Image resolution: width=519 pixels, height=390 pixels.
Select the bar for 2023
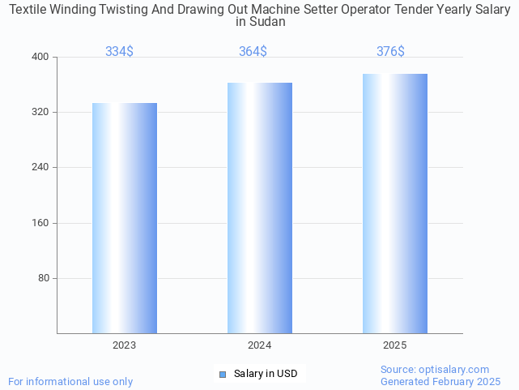click(x=124, y=218)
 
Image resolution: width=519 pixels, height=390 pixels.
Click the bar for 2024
click(x=259, y=208)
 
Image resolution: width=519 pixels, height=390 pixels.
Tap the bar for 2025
click(x=394, y=204)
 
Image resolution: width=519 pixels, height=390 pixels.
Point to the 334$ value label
click(x=119, y=52)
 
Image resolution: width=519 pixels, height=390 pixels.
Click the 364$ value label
click(x=253, y=52)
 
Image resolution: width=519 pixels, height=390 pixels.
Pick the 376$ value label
click(x=390, y=52)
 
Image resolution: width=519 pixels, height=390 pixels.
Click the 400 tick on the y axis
click(x=40, y=57)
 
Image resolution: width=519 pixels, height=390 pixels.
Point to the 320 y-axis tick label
click(x=40, y=112)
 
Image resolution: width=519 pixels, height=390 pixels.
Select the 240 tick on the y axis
click(x=40, y=167)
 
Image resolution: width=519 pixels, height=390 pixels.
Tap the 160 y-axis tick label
click(x=40, y=223)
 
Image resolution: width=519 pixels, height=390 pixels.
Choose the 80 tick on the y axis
click(x=43, y=278)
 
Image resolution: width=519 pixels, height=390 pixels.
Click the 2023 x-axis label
click(x=124, y=345)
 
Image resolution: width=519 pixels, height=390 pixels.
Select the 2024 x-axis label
click(x=259, y=345)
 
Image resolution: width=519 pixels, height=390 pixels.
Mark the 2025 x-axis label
click(x=394, y=345)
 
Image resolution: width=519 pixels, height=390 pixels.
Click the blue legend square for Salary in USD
click(x=223, y=374)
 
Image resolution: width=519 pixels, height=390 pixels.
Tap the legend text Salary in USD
click(x=266, y=374)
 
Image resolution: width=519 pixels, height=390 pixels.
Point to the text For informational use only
click(x=70, y=381)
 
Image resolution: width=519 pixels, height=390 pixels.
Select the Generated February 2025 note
click(x=440, y=381)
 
